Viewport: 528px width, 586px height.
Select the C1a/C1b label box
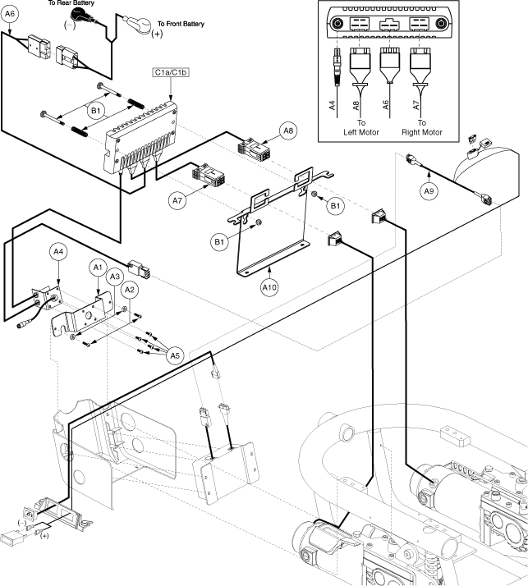tap(170, 72)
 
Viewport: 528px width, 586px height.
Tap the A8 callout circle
tap(290, 130)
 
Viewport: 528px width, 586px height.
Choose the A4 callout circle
tap(59, 252)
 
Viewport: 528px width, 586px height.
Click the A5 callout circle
tap(175, 355)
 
